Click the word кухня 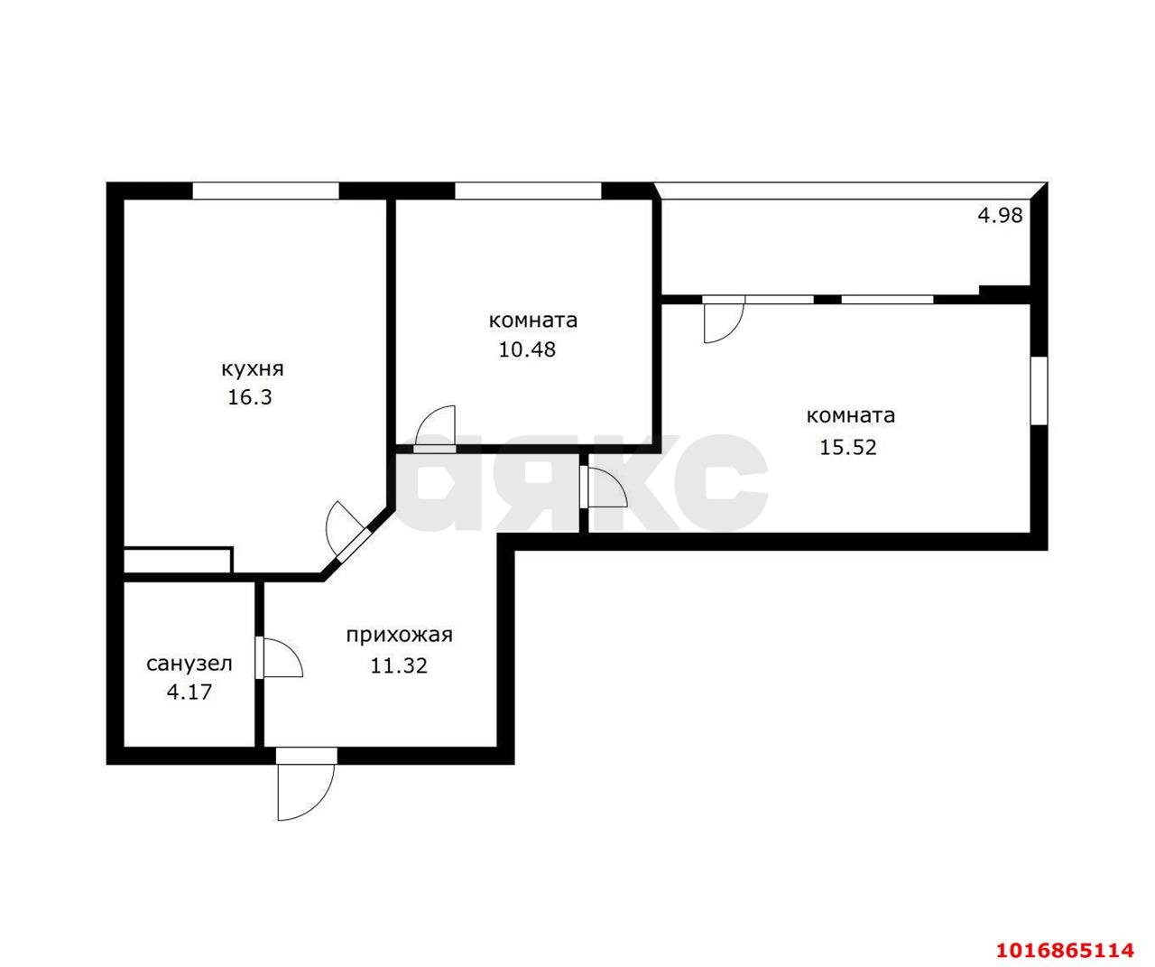pyautogui.click(x=253, y=369)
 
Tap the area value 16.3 pyautogui.click(x=250, y=397)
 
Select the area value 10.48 pyautogui.click(x=527, y=349)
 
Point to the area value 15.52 pyautogui.click(x=847, y=447)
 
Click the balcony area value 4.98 pyautogui.click(x=1000, y=215)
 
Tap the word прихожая pyautogui.click(x=400, y=636)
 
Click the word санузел pyautogui.click(x=189, y=664)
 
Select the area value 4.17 pyautogui.click(x=189, y=693)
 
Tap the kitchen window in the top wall pyautogui.click(x=265, y=191)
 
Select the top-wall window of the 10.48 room pyautogui.click(x=528, y=191)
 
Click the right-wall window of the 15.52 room pyautogui.click(x=1039, y=391)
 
